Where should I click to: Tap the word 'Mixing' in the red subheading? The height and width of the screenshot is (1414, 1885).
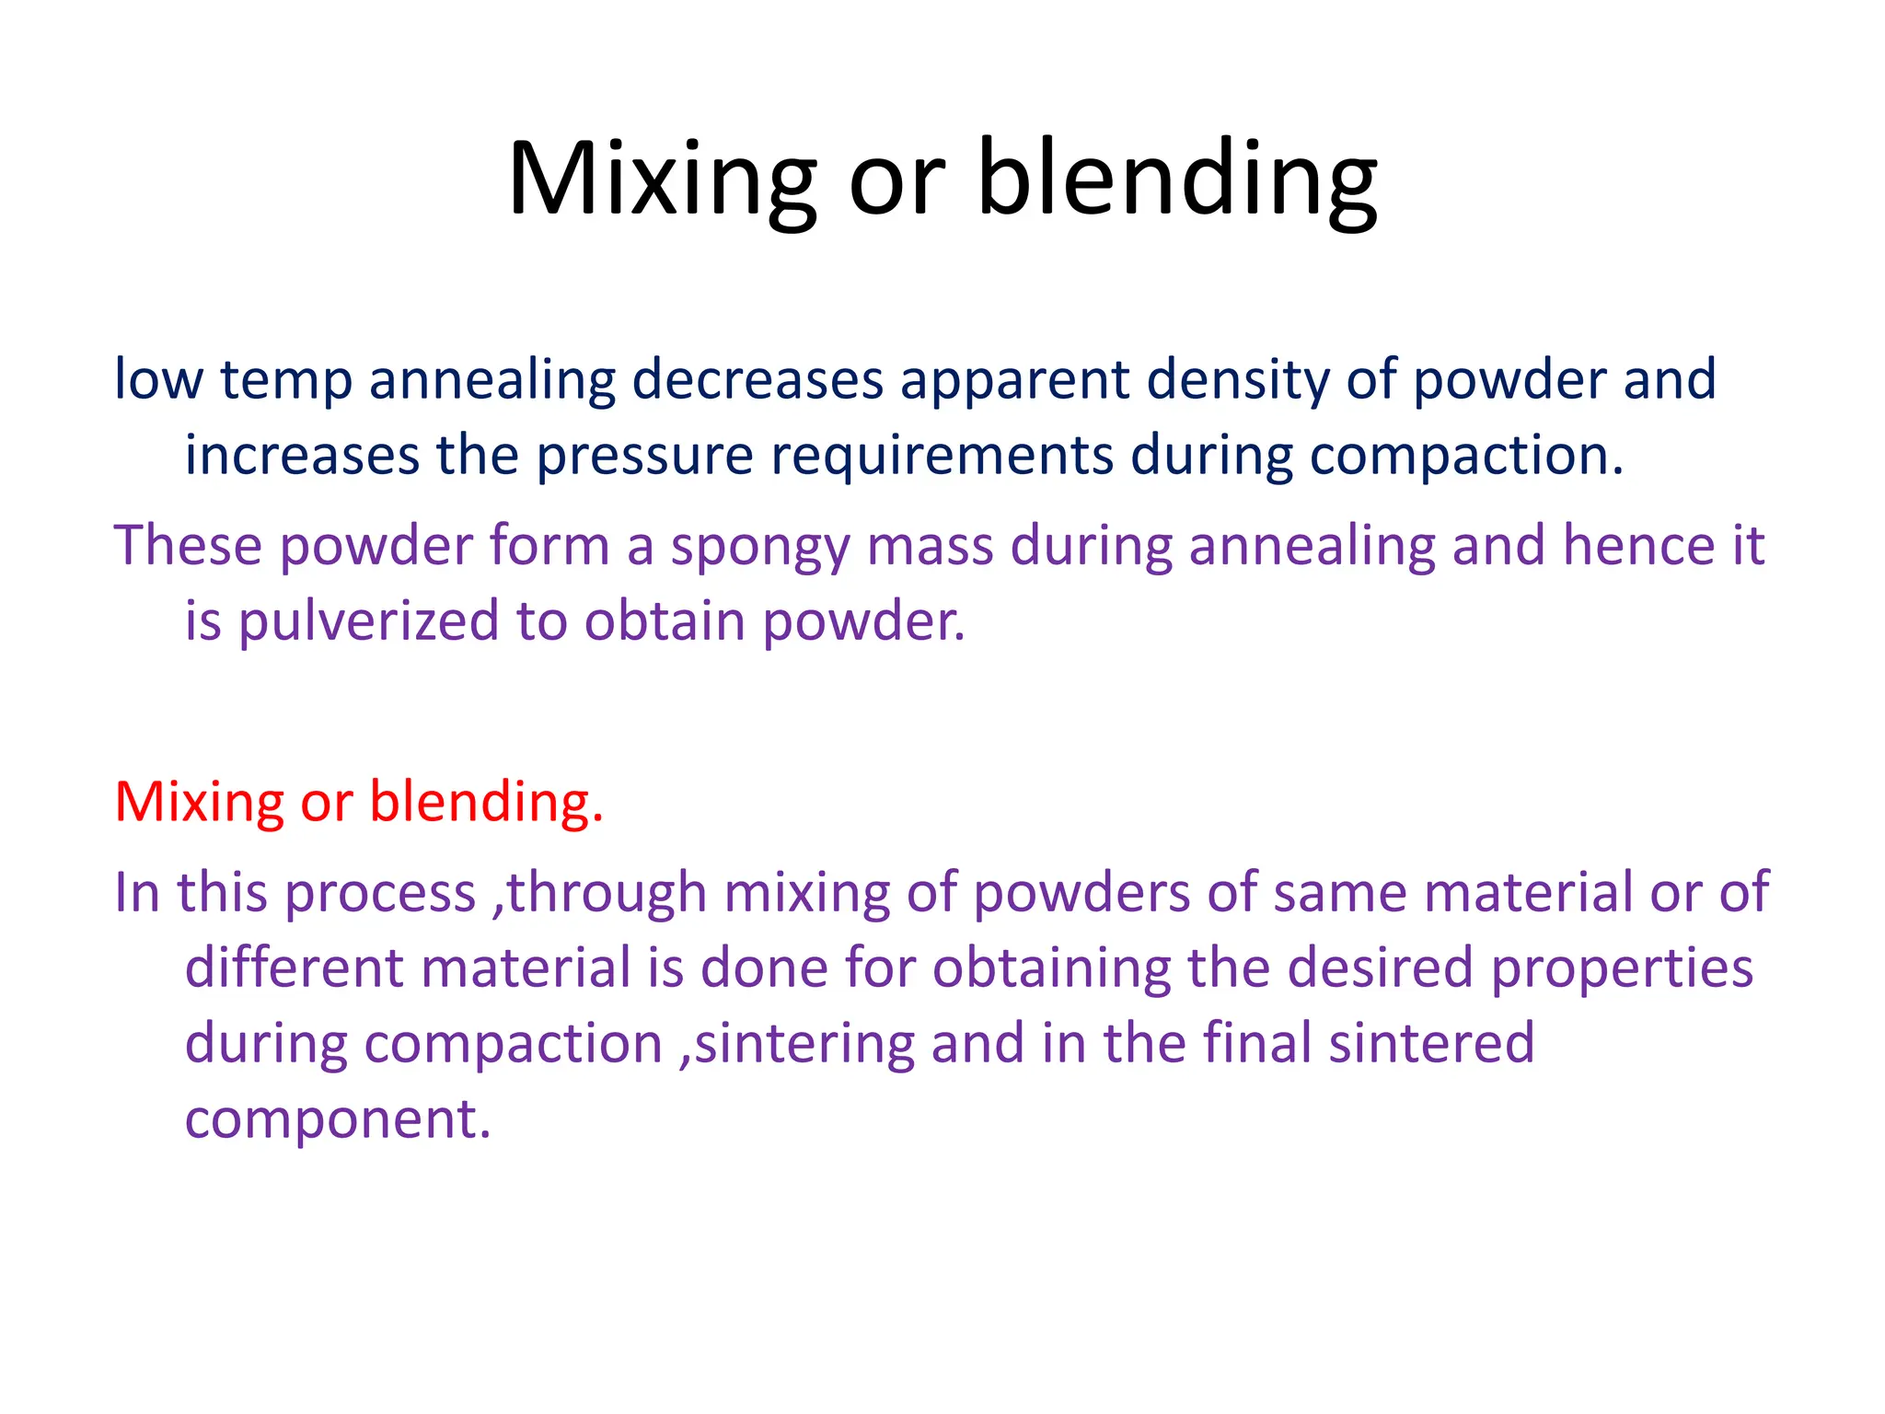tap(199, 802)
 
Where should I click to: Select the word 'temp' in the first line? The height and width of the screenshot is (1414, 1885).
tap(286, 380)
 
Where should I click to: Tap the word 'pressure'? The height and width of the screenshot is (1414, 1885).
tap(645, 457)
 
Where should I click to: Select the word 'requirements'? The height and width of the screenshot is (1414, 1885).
tap(942, 457)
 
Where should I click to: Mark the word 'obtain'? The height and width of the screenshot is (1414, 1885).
tap(665, 621)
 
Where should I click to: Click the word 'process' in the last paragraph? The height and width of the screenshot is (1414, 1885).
tap(379, 895)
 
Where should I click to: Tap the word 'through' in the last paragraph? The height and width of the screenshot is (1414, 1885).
tap(607, 893)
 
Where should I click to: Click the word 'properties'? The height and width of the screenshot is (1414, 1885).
tap(1622, 969)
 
